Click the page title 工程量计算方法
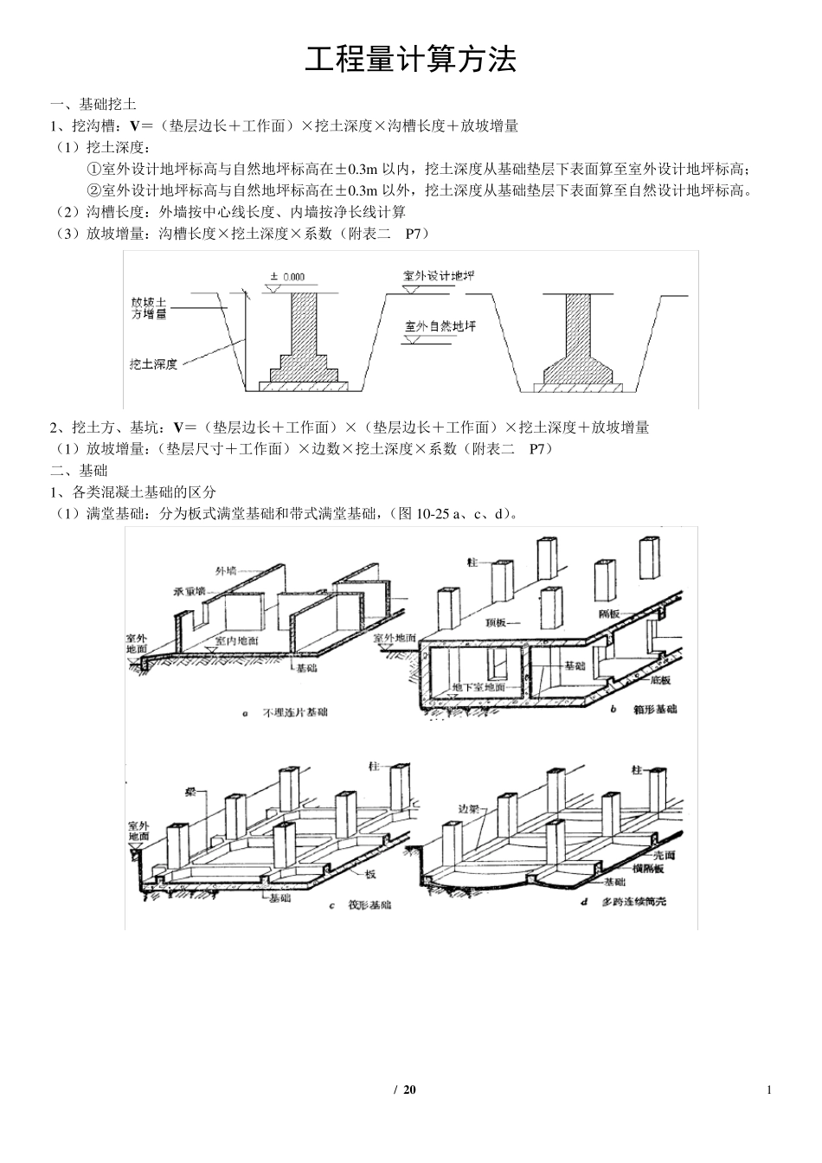point(410,61)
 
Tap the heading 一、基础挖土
point(93,104)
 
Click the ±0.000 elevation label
point(287,277)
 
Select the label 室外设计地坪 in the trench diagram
point(439,276)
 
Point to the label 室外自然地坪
point(440,326)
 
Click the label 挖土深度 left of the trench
point(153,364)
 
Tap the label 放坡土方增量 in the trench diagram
point(149,309)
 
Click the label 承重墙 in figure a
point(189,591)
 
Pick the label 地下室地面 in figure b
point(478,687)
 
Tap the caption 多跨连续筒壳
point(636,902)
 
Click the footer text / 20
point(405,1089)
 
